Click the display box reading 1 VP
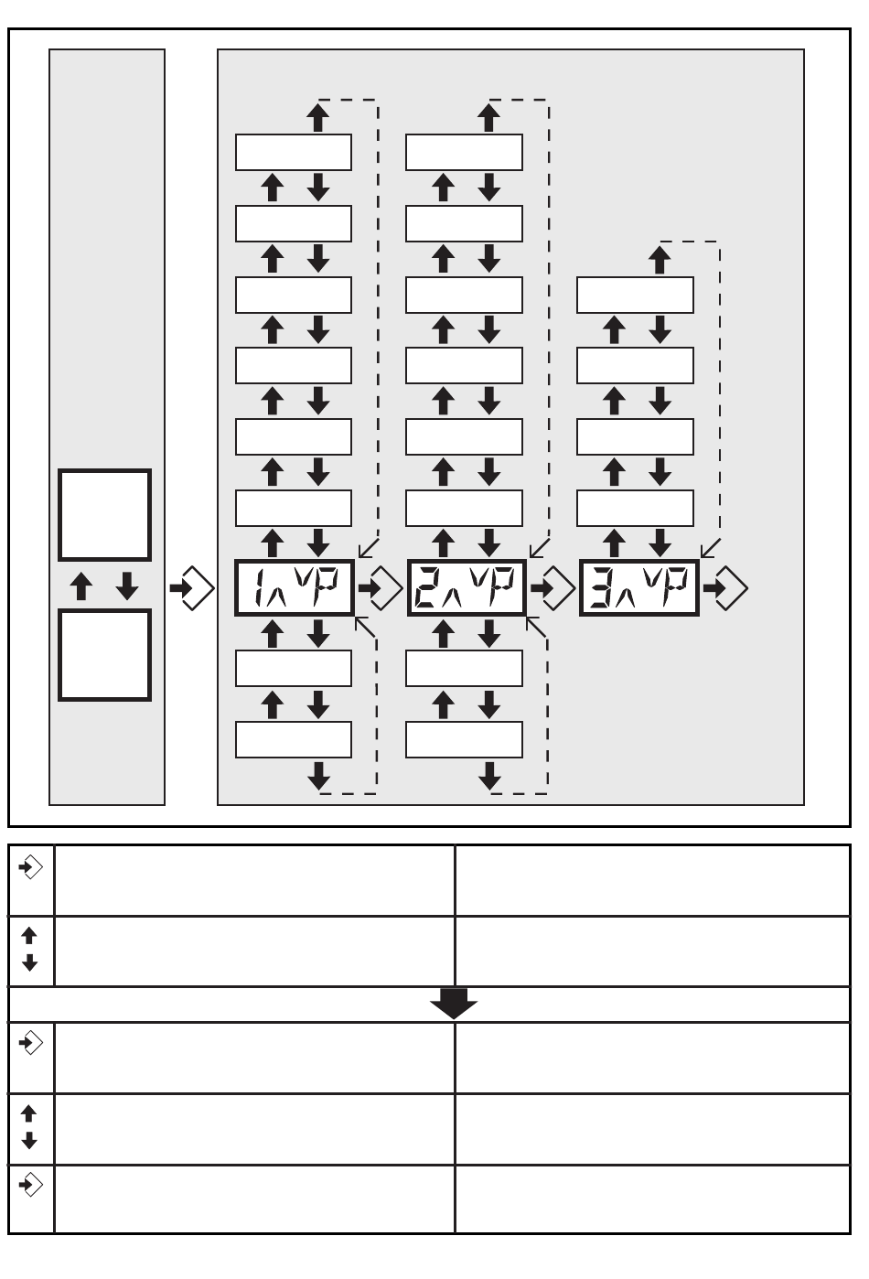[294, 587]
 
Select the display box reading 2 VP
[466, 587]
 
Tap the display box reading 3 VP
[638, 587]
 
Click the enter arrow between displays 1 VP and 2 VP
[381, 588]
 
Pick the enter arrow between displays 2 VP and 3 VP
[553, 588]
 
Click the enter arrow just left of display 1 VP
[191, 588]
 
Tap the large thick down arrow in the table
[454, 1004]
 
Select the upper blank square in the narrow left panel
[104, 515]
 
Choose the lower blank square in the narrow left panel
[104, 655]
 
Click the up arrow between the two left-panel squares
[81, 586]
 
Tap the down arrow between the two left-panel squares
[127, 586]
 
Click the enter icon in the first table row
[31, 865]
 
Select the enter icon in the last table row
[31, 1186]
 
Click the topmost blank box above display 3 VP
[635, 295]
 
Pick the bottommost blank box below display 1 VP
[294, 739]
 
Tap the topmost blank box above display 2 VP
[464, 152]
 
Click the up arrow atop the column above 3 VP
[660, 259]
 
